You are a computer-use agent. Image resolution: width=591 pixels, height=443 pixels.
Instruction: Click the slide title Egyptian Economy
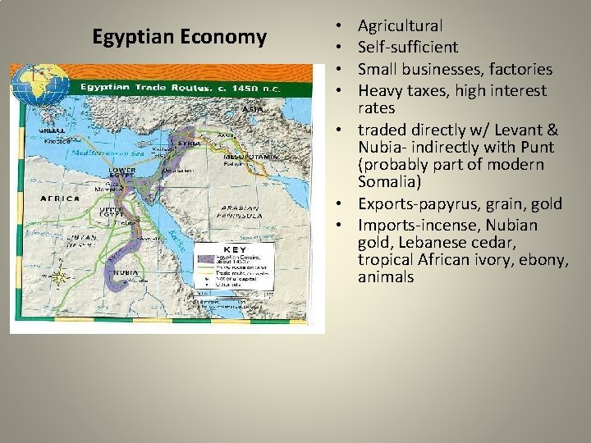[x=179, y=38]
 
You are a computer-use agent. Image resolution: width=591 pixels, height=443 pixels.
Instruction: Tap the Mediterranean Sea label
[x=82, y=153]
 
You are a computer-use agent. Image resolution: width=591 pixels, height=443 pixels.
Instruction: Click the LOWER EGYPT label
[x=122, y=175]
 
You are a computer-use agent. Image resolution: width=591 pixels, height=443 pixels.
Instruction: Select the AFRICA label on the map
[x=60, y=199]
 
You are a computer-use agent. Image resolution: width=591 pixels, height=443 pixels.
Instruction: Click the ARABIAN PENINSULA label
[x=239, y=212]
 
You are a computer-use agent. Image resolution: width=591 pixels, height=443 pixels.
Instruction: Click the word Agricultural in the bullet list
[x=400, y=26]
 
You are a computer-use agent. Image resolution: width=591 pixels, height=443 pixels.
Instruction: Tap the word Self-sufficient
[x=407, y=48]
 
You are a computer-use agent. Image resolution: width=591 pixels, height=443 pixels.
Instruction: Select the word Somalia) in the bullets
[x=391, y=181]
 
